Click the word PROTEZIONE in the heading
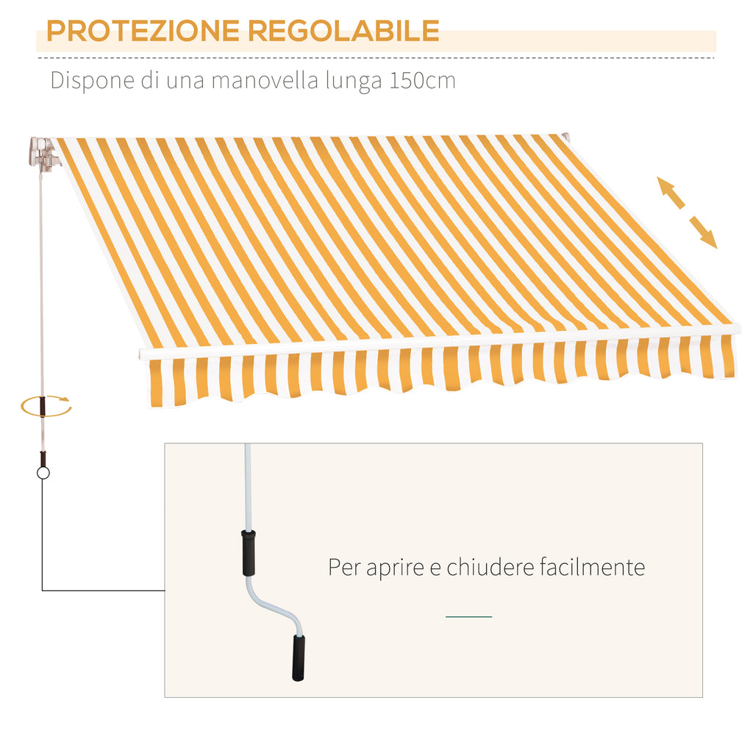(143, 31)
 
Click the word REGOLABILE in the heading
(343, 31)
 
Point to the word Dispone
(92, 81)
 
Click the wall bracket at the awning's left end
(44, 154)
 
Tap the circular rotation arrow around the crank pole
(46, 407)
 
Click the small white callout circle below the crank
(43, 473)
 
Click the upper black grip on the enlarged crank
(249, 553)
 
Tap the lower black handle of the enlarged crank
(299, 658)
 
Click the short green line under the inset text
(468, 617)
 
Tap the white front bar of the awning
(440, 340)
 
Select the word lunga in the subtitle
(354, 81)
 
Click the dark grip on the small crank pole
(43, 406)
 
